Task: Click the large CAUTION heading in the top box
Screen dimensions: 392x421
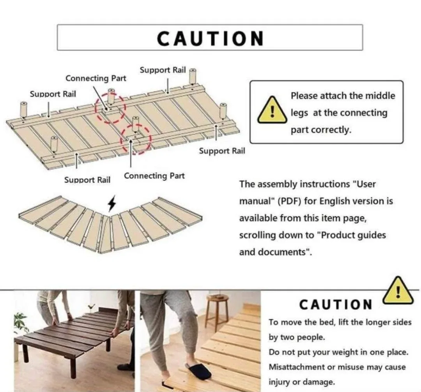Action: (x=210, y=38)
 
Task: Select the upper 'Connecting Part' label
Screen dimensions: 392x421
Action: (x=96, y=78)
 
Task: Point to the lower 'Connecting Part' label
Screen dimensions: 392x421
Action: (x=154, y=176)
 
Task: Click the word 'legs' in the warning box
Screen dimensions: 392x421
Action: (x=299, y=113)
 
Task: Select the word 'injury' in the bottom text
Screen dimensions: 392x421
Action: (x=279, y=381)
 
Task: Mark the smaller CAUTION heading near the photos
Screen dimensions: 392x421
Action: (x=336, y=305)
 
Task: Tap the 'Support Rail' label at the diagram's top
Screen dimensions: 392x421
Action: (x=163, y=70)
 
